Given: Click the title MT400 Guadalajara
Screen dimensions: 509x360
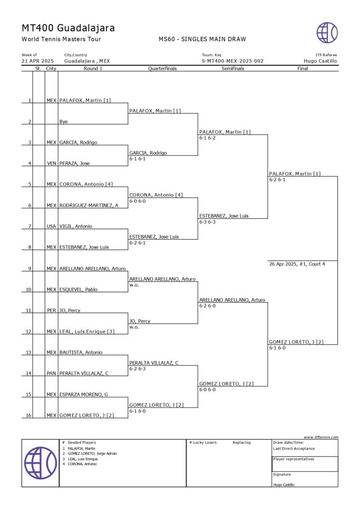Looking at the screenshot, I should [x=68, y=28].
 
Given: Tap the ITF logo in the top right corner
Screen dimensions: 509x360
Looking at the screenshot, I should [x=327, y=32].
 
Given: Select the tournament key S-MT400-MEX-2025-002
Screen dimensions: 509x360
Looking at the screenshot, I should [x=232, y=61].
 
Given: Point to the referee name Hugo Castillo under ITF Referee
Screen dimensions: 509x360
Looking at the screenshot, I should [x=320, y=61].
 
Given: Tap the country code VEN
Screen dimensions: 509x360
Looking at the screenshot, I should [x=51, y=164].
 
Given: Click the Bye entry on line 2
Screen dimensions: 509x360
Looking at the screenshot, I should [x=64, y=121].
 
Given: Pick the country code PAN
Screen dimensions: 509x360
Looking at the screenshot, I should [x=51, y=373].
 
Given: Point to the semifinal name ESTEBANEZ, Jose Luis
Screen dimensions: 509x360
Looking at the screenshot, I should [x=224, y=216].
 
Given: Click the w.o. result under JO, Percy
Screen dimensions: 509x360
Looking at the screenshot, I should [x=133, y=327].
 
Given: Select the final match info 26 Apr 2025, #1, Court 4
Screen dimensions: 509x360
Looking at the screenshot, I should [x=297, y=264].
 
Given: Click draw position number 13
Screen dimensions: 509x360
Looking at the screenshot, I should [x=29, y=352].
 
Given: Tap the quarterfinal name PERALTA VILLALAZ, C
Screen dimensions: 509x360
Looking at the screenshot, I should [x=154, y=362].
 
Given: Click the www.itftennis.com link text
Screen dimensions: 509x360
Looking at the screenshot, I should [x=321, y=437].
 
